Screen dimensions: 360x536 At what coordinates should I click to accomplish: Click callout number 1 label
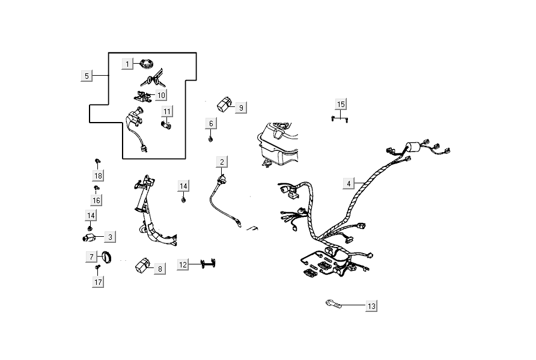tap(127, 63)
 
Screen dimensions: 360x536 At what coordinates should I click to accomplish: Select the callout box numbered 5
tap(87, 76)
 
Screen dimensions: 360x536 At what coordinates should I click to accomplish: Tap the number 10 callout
tap(161, 94)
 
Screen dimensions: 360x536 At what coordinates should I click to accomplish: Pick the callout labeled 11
tap(167, 111)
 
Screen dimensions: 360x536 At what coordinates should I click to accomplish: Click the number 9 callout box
tap(240, 108)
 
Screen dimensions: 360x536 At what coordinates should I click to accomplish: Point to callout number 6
tap(211, 124)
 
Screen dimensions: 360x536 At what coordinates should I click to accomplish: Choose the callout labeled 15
tap(341, 105)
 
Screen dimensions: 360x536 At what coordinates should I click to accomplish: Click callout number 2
tap(222, 162)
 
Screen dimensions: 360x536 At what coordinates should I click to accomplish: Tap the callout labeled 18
tap(97, 175)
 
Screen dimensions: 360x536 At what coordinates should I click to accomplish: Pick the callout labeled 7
tap(92, 257)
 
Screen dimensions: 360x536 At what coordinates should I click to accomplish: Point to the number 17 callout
tap(97, 281)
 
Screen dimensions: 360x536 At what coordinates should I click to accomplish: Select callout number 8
tap(159, 269)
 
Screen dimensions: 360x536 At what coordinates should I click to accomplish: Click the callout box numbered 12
tap(183, 264)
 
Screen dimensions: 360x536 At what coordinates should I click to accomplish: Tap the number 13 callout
tap(371, 307)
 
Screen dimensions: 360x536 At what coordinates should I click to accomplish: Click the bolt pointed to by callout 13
tap(335, 304)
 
